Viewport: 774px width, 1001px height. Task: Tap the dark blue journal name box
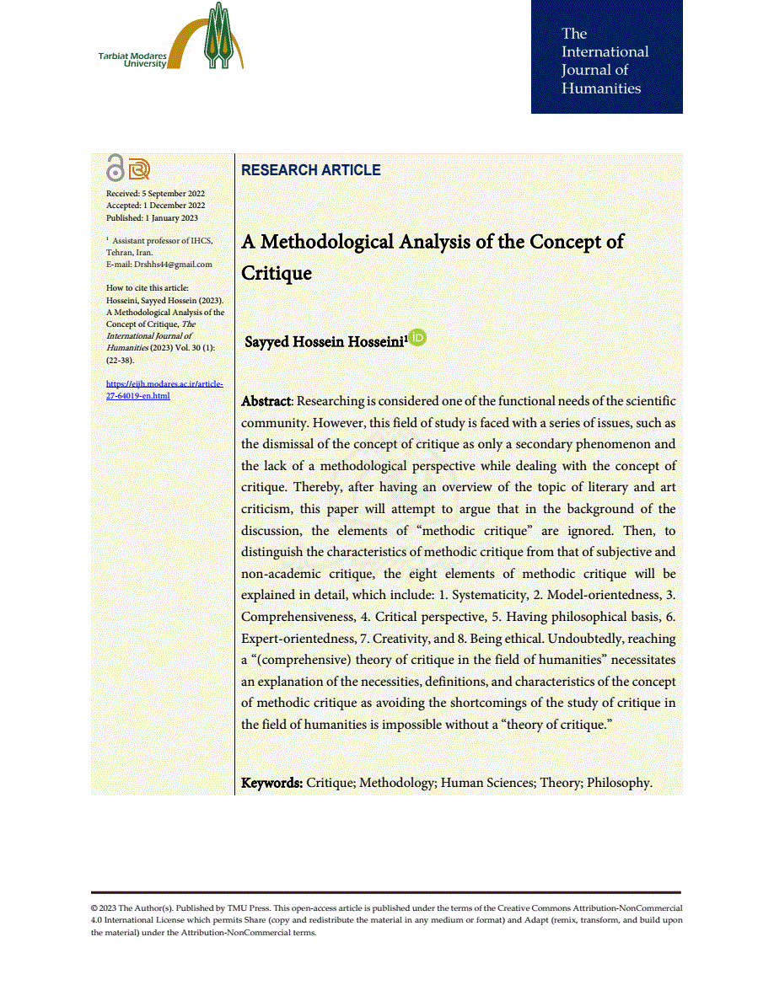click(606, 57)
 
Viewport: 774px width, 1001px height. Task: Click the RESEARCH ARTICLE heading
click(310, 170)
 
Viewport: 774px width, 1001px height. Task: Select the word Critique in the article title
click(277, 274)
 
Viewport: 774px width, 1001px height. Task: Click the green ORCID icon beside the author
click(418, 338)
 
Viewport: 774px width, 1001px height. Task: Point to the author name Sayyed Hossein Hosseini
click(325, 341)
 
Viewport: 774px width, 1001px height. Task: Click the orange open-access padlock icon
click(116, 169)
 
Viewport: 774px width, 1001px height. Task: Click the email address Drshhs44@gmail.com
click(174, 264)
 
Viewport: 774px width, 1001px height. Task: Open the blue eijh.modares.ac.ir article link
click(164, 389)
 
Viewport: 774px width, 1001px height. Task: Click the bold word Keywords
click(271, 783)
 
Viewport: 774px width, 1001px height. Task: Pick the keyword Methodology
click(396, 783)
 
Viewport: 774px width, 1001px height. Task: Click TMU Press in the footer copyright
click(248, 908)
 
